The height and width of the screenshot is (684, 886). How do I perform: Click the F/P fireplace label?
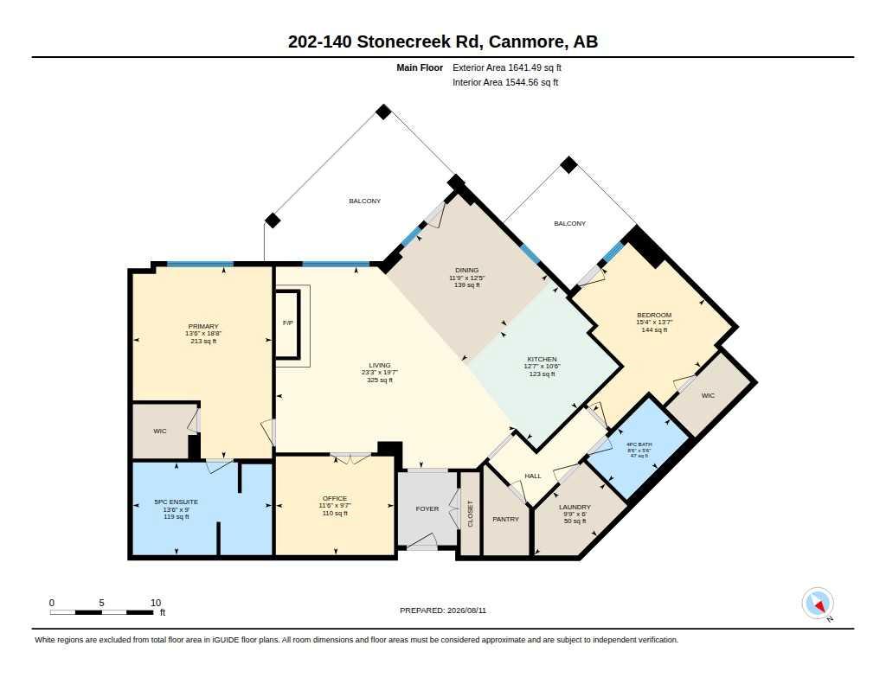287,323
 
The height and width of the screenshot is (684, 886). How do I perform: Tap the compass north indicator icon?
818,604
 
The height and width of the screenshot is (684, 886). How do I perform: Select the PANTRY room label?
505,519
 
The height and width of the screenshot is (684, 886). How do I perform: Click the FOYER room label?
427,509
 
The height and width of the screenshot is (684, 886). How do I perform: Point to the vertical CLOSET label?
470,514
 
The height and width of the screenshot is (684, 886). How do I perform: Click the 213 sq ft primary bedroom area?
203,342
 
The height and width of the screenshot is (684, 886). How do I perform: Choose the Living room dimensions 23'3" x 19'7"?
380,373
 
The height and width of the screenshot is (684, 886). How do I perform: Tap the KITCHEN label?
542,359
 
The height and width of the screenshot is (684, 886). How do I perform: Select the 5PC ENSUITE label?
177,502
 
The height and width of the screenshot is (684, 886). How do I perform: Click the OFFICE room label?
335,499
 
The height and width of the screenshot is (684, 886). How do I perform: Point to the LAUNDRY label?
575,508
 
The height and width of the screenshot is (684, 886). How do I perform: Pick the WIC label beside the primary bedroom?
160,431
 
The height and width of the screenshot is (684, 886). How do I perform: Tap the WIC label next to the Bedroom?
708,395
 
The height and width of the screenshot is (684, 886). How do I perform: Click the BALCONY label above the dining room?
364,201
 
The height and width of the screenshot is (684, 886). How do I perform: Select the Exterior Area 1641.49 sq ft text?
507,67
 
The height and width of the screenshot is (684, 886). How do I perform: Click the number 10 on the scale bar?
156,603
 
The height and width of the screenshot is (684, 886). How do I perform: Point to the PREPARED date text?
443,610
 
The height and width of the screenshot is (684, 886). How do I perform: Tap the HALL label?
533,476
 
